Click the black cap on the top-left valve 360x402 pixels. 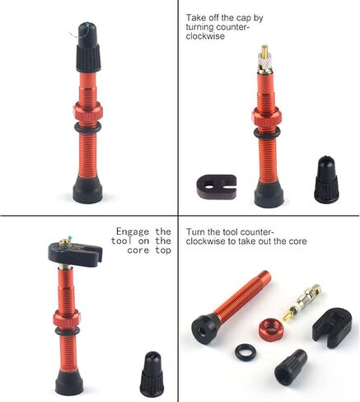[88, 47]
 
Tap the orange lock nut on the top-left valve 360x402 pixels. [88, 112]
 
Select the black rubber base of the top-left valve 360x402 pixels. [88, 189]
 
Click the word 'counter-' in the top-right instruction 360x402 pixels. [232, 27]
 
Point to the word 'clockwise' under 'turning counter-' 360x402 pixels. [205, 36]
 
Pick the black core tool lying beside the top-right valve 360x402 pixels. [217, 187]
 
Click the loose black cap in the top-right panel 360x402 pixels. [326, 180]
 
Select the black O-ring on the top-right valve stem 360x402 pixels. [267, 133]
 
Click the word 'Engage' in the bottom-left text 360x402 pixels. [133, 231]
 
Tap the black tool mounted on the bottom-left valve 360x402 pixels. [76, 254]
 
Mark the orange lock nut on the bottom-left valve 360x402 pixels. [67, 319]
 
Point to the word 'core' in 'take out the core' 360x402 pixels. [297, 241]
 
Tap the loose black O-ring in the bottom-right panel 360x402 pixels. [245, 353]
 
